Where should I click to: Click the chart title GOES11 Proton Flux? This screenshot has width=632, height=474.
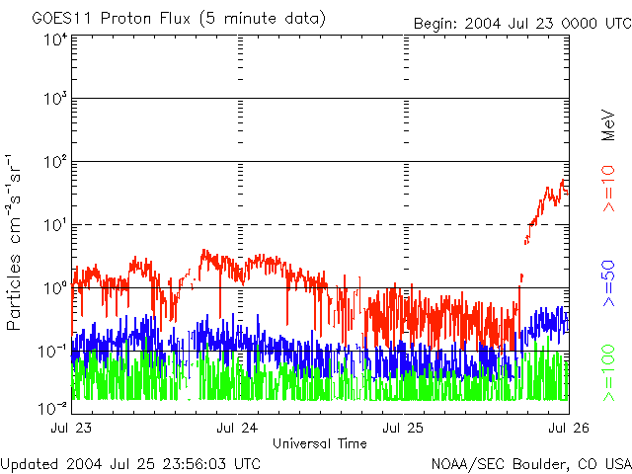pyautogui.click(x=178, y=19)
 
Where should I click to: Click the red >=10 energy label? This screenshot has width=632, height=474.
pyautogui.click(x=609, y=188)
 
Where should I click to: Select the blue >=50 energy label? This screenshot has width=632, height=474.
pyautogui.click(x=609, y=284)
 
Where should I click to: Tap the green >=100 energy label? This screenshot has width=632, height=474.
pyautogui.click(x=609, y=373)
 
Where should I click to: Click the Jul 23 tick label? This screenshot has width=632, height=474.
pyautogui.click(x=71, y=429)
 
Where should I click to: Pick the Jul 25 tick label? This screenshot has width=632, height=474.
pyautogui.click(x=403, y=429)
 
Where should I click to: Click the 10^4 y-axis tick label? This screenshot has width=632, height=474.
pyautogui.click(x=54, y=39)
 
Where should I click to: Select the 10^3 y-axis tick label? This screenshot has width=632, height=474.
pyautogui.click(x=54, y=100)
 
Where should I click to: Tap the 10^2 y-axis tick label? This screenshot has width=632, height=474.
pyautogui.click(x=54, y=162)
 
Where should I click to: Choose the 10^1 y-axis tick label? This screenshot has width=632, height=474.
pyautogui.click(x=54, y=225)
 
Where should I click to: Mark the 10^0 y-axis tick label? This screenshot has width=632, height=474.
pyautogui.click(x=54, y=288)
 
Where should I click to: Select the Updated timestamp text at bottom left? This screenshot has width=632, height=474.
pyautogui.click(x=131, y=463)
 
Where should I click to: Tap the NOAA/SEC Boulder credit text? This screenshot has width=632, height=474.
pyautogui.click(x=530, y=463)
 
